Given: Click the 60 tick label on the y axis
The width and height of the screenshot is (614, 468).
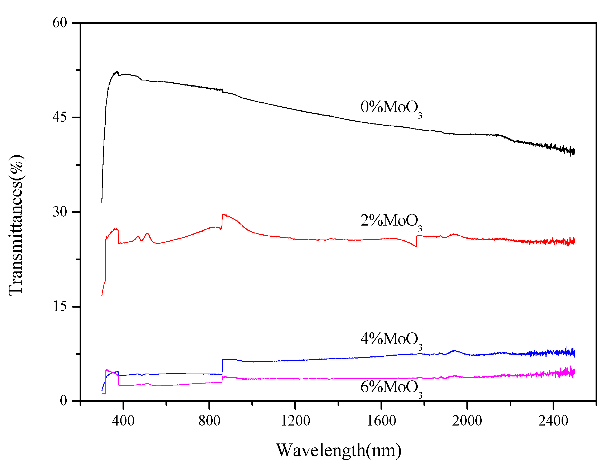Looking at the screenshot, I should (x=60, y=23).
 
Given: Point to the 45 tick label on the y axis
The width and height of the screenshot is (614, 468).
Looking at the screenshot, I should (x=60, y=117).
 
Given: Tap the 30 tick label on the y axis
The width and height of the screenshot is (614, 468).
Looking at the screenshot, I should (x=60, y=212).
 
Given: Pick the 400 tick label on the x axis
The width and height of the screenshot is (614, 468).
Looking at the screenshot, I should (x=123, y=421).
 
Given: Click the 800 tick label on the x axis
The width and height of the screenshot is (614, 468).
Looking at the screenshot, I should (x=209, y=421).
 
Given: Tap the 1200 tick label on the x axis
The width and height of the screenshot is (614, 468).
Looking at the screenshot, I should (x=295, y=421).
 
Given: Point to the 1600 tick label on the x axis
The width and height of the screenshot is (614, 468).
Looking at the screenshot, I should (x=381, y=421).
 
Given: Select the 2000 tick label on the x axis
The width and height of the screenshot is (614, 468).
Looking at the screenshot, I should (x=467, y=421).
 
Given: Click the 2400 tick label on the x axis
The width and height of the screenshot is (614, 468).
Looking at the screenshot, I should (x=553, y=421).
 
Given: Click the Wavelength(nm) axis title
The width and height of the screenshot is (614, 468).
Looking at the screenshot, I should (x=339, y=450).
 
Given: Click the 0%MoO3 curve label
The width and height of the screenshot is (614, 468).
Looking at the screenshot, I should (x=391, y=108).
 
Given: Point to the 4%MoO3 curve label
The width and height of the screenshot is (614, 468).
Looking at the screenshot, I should (x=391, y=340).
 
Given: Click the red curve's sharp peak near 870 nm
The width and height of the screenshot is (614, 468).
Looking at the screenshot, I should (x=223, y=214).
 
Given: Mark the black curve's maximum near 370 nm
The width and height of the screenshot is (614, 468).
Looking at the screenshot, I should (x=117, y=71).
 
